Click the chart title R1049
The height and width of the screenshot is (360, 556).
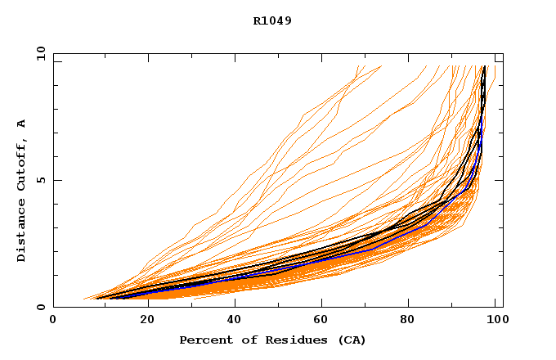point(272,20)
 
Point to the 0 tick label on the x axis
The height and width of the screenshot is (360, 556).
point(53,320)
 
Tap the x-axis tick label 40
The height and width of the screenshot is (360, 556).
point(235,320)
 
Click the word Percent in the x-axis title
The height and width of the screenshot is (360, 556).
point(204,340)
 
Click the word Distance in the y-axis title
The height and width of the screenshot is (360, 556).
point(21,232)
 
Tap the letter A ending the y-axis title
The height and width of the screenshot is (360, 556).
point(21,124)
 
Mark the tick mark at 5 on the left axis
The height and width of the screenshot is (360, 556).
point(56,180)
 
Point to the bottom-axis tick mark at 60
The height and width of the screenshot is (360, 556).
point(323,304)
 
